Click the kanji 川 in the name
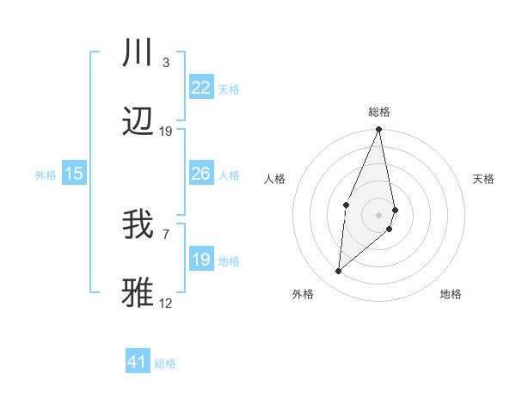coord(138,52)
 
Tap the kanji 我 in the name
coord(138,225)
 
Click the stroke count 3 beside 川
coord(166,62)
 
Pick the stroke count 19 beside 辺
coord(166,132)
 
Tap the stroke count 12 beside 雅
coord(166,303)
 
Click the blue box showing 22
coord(200,87)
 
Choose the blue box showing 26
coord(200,174)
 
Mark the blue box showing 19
coord(200,260)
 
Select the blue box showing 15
coord(74,174)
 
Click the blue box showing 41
coord(138,362)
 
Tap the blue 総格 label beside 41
coord(165,364)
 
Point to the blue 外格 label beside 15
coord(46,174)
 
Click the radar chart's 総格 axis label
coord(379,112)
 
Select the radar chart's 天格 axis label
coord(484,179)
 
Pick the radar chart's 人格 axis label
coord(275,179)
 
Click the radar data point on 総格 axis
coord(379,130)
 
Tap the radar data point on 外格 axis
coord(339,272)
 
